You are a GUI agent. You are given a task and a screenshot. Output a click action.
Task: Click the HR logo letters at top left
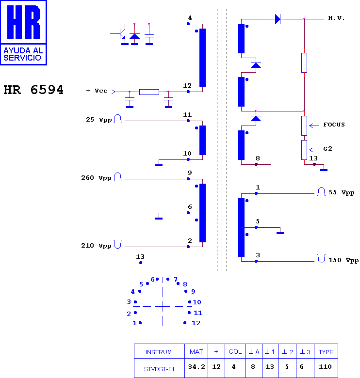23,22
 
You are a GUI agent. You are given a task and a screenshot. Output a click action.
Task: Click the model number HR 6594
33,90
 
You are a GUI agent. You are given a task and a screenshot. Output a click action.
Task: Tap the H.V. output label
336,18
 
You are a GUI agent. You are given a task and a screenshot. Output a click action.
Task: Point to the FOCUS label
334,125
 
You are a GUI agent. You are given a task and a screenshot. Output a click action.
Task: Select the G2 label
327,149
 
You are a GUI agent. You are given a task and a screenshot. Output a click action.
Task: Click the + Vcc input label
97,91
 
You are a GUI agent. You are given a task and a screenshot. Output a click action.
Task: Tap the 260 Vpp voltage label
96,178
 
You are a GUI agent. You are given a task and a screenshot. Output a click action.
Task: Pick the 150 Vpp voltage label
344,260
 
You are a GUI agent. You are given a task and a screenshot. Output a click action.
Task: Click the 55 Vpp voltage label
342,192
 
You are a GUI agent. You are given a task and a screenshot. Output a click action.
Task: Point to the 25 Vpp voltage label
98,120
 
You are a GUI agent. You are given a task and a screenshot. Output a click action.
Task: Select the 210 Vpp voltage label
96,246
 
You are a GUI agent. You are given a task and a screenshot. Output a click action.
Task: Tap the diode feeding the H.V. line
278,19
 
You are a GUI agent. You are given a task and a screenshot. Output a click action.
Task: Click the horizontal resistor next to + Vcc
149,92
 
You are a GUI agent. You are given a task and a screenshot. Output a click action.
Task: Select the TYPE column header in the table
326,352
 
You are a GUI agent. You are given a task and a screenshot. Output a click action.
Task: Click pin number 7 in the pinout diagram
176,280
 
